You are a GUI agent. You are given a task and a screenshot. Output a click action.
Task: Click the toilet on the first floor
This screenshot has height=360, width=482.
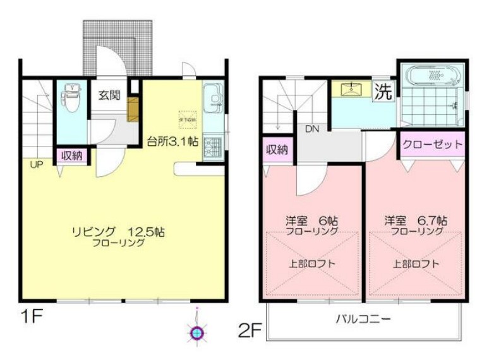pyautogui.click(x=73, y=98)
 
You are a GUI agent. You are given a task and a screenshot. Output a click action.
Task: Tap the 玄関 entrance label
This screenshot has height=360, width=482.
pyautogui.click(x=109, y=95)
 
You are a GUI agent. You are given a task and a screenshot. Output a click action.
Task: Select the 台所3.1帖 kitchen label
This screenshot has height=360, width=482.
pyautogui.click(x=173, y=141)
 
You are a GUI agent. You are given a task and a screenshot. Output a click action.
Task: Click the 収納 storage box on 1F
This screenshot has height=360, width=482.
pyautogui.click(x=72, y=155)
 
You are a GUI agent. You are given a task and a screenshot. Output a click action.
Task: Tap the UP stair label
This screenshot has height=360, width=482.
pyautogui.click(x=34, y=164)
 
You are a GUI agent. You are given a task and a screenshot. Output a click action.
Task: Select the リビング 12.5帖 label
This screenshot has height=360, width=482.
pyautogui.click(x=118, y=232)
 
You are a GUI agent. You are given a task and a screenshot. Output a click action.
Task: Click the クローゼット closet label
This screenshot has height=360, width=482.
pyautogui.click(x=433, y=145)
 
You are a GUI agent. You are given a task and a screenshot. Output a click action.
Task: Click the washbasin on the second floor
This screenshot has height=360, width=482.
pyautogui.click(x=351, y=90)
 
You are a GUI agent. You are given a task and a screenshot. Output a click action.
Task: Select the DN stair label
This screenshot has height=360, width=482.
pyautogui.click(x=311, y=129)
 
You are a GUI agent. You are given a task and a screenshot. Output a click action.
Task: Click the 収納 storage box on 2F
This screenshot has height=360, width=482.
pyautogui.click(x=277, y=150)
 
